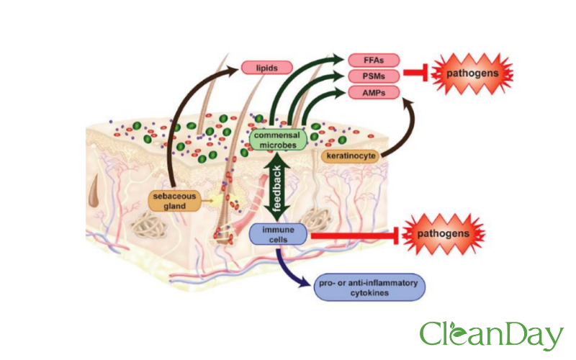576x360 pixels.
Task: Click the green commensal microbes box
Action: (x=278, y=138)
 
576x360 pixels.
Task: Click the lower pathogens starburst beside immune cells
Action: (x=444, y=234)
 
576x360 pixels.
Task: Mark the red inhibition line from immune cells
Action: (x=353, y=234)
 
